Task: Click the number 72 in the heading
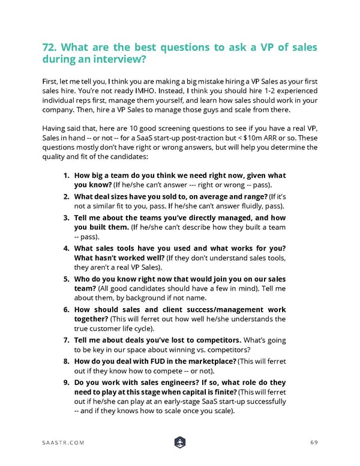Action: [50, 48]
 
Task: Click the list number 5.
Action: [67, 279]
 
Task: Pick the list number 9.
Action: [67, 383]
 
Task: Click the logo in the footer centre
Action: [179, 443]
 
